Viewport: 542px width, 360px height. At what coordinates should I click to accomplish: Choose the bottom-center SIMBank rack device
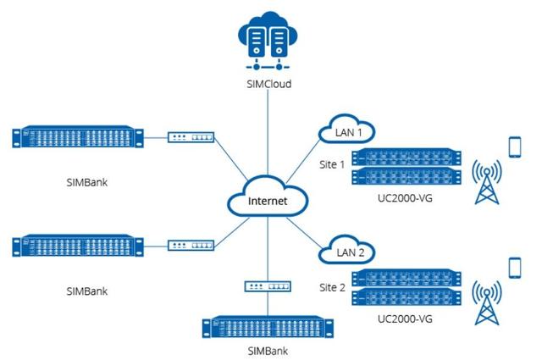point(268,330)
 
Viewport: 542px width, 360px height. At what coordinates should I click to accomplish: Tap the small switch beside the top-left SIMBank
point(191,136)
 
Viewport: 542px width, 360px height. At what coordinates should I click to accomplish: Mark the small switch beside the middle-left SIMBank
point(191,246)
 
